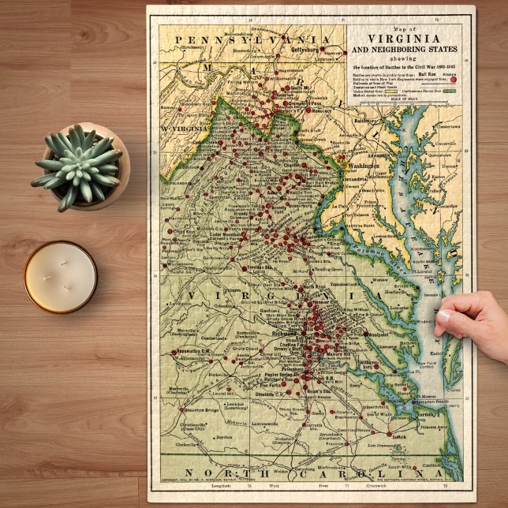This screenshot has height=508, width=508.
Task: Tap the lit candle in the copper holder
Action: point(60,277)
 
